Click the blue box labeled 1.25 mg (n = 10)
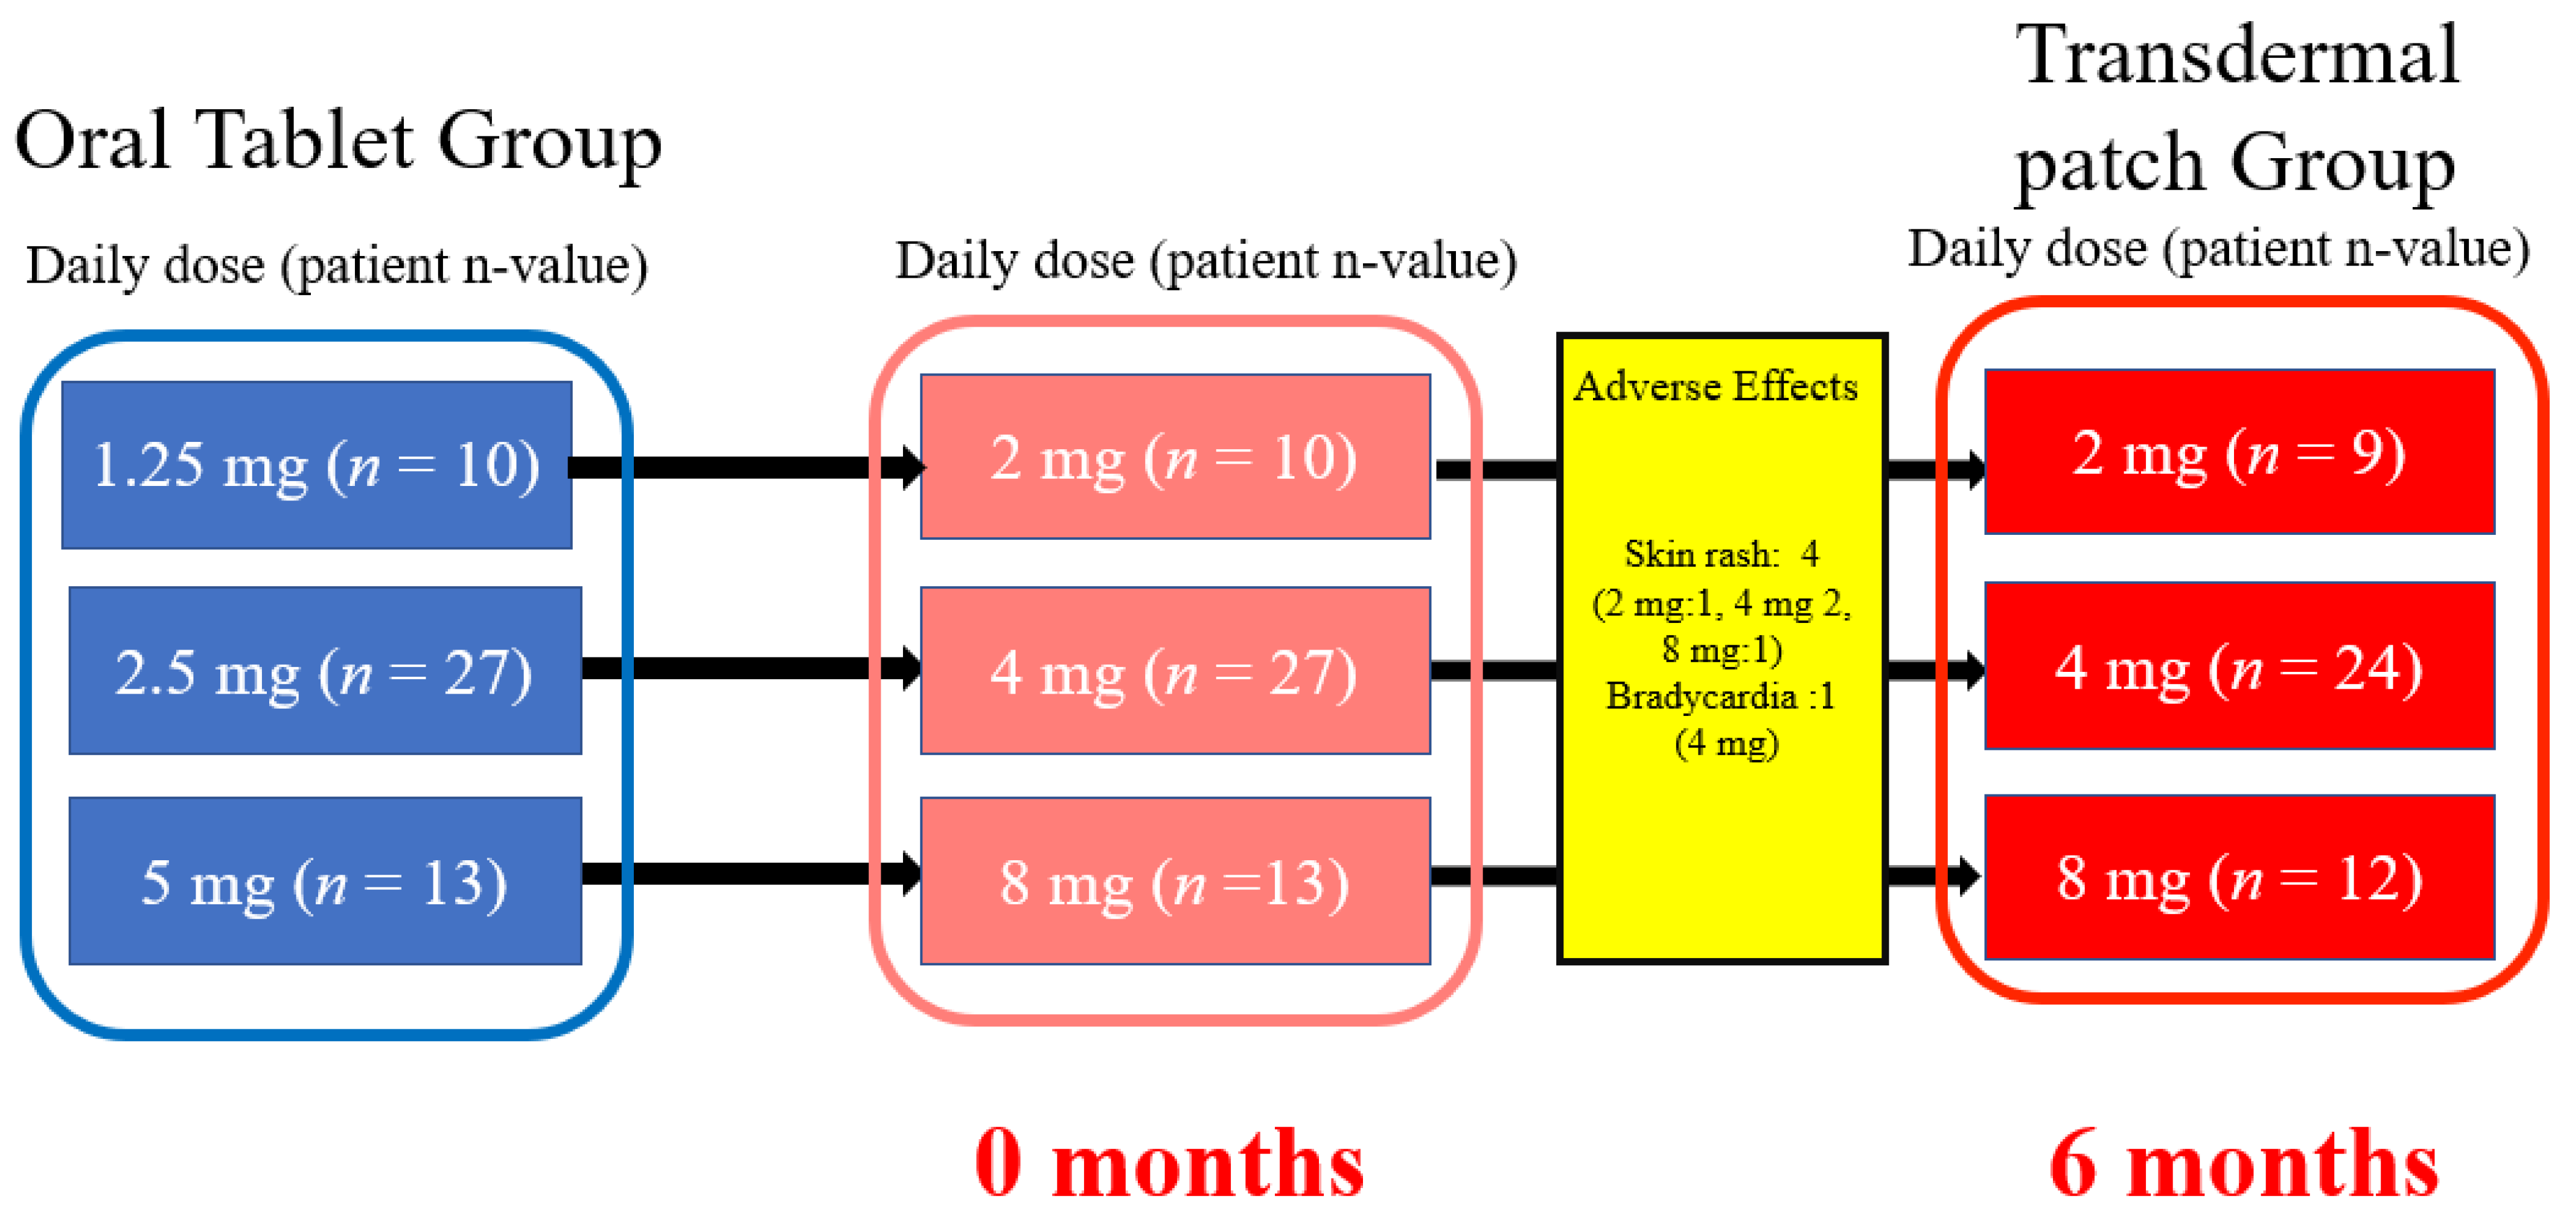(317, 464)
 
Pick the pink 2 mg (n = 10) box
(1175, 457)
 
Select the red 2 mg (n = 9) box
(2239, 452)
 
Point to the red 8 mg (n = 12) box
(2239, 877)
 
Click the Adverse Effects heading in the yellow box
(1716, 386)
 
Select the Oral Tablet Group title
(339, 141)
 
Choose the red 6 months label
(2243, 1163)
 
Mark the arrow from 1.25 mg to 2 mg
(747, 467)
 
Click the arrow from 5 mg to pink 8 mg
(747, 874)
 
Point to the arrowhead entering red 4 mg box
(1970, 669)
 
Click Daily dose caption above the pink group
(1205, 261)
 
